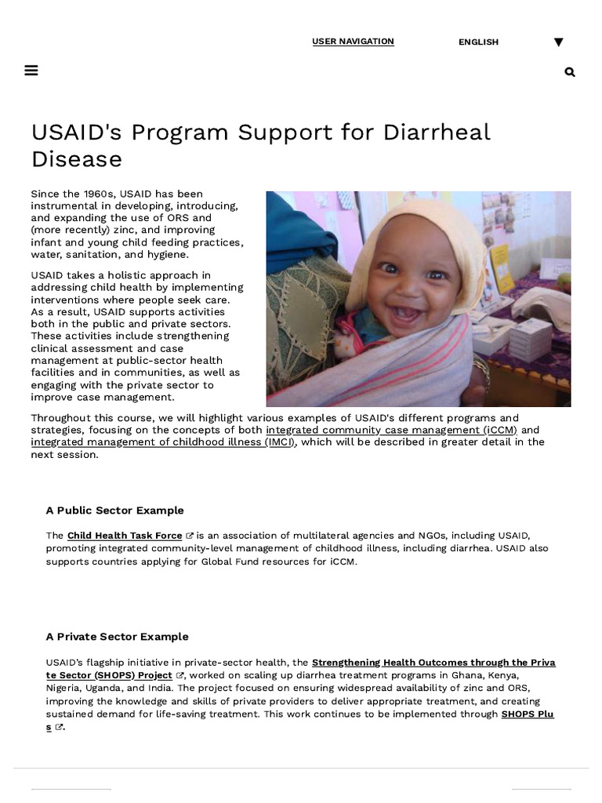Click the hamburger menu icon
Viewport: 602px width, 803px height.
tap(31, 71)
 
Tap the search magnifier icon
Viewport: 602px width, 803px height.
tap(570, 72)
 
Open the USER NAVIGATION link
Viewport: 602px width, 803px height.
tap(353, 42)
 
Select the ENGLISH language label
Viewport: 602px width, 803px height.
tap(478, 42)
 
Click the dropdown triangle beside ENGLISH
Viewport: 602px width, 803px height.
tap(558, 42)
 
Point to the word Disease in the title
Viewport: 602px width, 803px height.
tap(77, 159)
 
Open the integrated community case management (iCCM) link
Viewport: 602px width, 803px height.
tap(391, 430)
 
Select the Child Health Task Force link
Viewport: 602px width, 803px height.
tap(125, 536)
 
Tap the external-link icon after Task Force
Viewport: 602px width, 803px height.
tap(190, 536)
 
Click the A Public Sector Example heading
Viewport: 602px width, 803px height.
tap(114, 511)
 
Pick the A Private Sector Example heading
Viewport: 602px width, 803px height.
tap(117, 637)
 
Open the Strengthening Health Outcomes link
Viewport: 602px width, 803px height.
tap(433, 663)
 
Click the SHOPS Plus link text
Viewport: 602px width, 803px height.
tap(527, 714)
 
